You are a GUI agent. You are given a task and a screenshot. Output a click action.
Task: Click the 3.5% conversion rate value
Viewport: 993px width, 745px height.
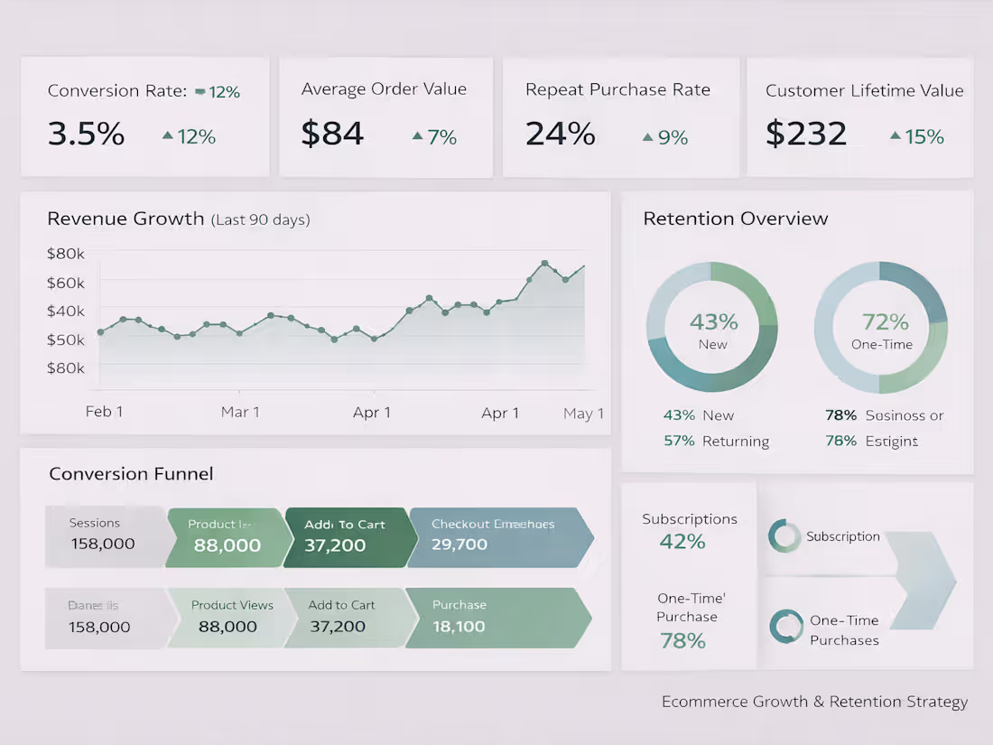coord(86,135)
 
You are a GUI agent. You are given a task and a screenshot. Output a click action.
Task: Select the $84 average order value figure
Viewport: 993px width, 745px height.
coord(332,135)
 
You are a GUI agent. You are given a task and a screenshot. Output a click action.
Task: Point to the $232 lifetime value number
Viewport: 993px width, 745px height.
coord(806,135)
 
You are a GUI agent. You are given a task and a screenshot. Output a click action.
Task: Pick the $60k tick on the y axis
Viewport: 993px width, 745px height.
coord(66,283)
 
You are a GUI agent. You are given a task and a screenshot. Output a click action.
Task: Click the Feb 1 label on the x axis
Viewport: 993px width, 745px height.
coord(104,412)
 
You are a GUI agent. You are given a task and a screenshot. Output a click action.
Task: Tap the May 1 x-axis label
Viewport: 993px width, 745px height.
coord(583,414)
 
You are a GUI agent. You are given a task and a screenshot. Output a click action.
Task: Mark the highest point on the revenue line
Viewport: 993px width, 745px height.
coord(544,264)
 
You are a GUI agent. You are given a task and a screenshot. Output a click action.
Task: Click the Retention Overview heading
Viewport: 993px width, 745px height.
coord(735,219)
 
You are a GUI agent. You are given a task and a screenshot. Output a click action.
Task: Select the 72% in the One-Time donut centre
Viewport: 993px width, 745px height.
coord(885,322)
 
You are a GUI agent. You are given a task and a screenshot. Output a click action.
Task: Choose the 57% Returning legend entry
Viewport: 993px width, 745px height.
coord(716,441)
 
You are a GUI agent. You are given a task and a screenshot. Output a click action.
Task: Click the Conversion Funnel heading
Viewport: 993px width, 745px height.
coord(131,474)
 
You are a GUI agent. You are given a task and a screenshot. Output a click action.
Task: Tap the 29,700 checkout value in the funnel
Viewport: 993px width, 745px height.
coord(459,545)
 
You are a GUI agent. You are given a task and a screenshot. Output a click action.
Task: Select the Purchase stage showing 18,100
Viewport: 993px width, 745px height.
coord(496,618)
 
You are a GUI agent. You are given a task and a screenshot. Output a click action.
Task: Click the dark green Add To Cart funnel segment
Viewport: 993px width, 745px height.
coord(348,536)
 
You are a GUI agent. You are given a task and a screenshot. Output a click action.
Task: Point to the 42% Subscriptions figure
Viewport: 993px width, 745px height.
coord(682,542)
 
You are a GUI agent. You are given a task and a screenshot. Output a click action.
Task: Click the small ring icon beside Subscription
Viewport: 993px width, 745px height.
coord(784,536)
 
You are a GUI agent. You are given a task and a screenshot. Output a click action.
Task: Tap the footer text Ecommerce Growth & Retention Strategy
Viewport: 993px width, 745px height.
coord(814,702)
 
